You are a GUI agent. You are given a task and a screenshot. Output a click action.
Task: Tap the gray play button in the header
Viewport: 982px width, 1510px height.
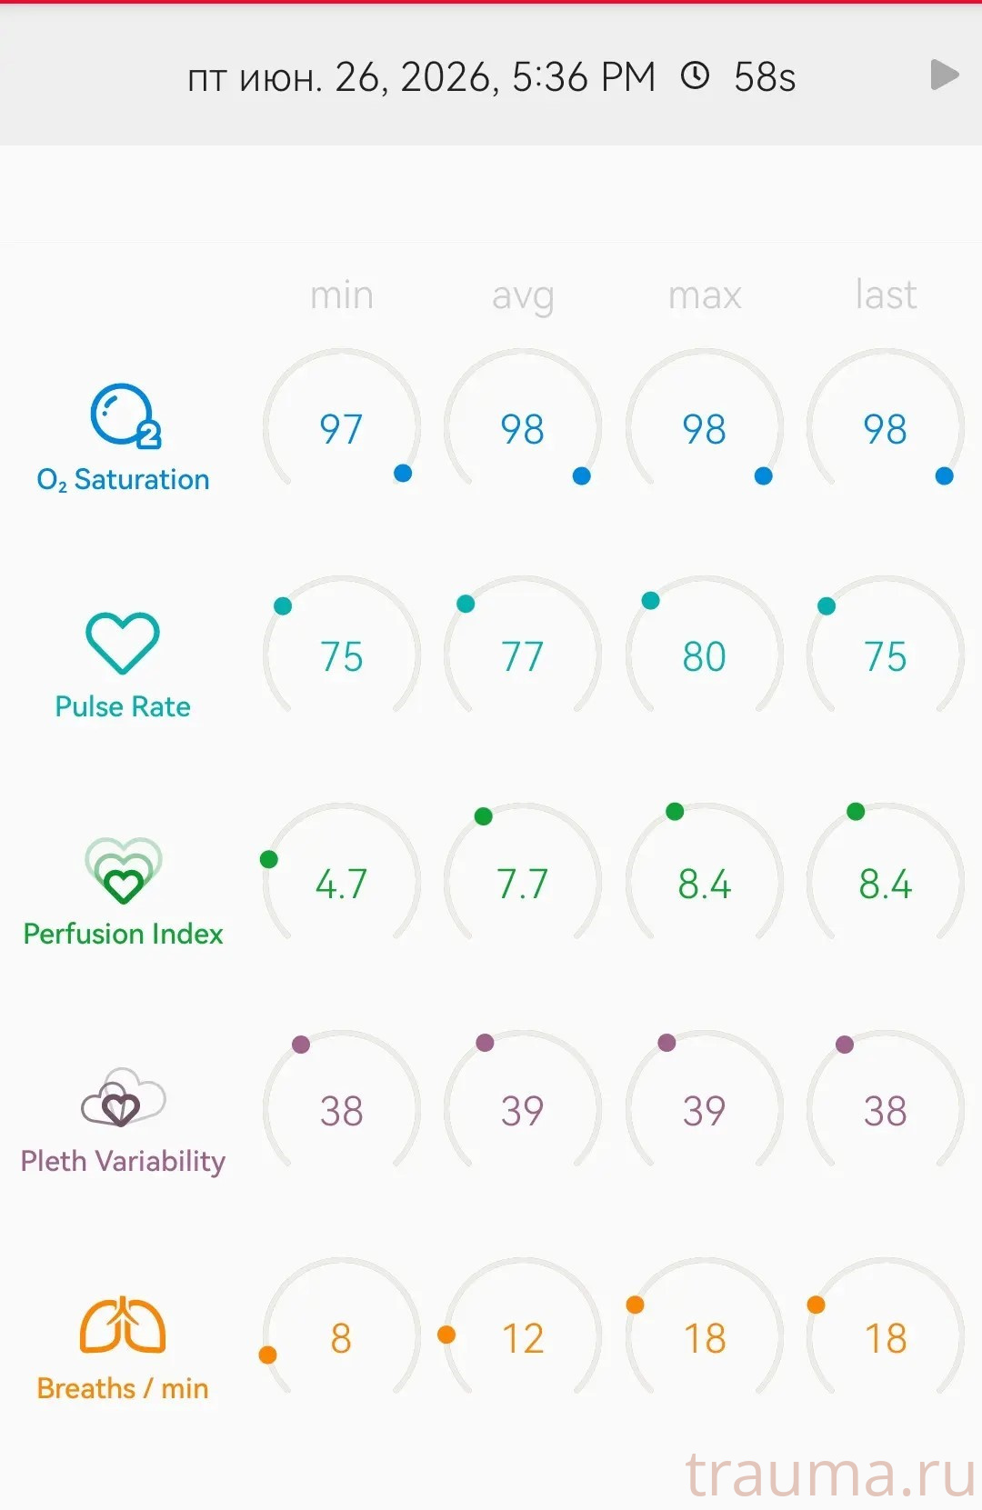[x=944, y=75]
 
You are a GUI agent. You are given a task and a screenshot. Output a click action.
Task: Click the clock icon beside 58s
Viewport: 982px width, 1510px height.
[x=696, y=75]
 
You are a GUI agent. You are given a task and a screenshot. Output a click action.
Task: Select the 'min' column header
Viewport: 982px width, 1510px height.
[x=341, y=295]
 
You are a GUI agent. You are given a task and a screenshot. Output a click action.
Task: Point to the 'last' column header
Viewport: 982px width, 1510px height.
[x=886, y=295]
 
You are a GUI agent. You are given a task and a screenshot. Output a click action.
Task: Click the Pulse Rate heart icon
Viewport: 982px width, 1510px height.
[x=123, y=643]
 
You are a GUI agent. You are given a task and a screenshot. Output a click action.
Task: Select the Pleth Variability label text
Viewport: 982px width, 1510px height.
[x=123, y=1162]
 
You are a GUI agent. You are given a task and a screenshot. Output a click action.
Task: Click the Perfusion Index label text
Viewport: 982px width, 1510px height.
[x=123, y=935]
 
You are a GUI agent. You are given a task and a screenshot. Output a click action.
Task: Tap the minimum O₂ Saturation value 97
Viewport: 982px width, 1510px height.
[x=341, y=429]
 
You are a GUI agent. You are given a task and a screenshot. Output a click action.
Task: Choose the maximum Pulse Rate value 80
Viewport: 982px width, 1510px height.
[x=704, y=656]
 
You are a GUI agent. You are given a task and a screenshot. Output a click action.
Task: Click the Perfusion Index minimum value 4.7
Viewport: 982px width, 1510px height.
[x=341, y=884]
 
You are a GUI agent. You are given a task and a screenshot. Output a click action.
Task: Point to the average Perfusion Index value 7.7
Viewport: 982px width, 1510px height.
[x=523, y=884]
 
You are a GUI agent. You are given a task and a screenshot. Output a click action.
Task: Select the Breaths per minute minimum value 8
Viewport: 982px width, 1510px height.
[x=341, y=1338]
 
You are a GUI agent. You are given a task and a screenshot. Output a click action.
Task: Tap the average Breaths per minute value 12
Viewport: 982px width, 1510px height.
[x=523, y=1338]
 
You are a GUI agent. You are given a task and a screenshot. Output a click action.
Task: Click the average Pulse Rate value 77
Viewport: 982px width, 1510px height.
[x=523, y=656]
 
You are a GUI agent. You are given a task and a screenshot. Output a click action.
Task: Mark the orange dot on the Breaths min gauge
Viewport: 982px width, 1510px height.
[x=267, y=1355]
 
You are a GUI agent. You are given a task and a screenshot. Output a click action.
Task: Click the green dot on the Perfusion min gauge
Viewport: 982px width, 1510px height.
[x=268, y=859]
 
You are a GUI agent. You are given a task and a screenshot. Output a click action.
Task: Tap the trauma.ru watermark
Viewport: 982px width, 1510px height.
[x=832, y=1475]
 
